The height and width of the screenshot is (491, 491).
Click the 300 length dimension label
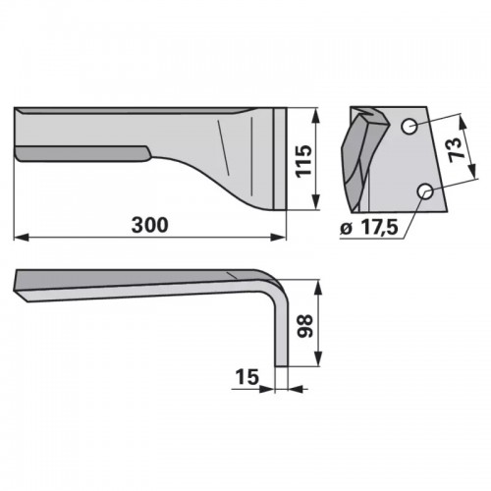click(149, 225)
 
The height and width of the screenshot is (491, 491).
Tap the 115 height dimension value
click(303, 161)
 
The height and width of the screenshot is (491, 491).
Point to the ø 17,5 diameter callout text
click(369, 228)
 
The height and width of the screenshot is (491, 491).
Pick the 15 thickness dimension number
click(246, 377)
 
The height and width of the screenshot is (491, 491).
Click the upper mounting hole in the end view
click(409, 126)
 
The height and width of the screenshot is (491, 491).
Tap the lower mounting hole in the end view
click(425, 191)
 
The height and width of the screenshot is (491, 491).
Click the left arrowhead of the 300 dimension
click(22, 238)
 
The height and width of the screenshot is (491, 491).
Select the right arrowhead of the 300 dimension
click(278, 238)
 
